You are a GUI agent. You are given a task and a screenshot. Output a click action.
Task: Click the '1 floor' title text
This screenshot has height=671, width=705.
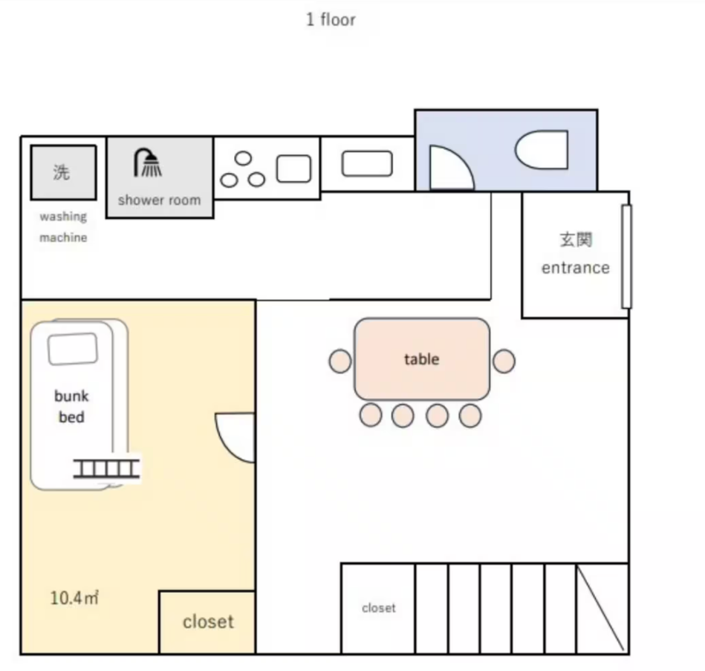(x=331, y=20)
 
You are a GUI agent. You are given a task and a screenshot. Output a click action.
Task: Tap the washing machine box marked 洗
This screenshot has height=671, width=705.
(x=63, y=172)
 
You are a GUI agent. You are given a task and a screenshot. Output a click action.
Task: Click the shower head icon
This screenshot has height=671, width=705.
(x=148, y=163)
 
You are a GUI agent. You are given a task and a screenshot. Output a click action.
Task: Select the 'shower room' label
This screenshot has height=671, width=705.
(x=159, y=200)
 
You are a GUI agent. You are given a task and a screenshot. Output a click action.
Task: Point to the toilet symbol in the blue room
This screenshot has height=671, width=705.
(x=542, y=149)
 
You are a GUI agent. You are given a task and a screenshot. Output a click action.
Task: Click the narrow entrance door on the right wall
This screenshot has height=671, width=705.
(x=626, y=257)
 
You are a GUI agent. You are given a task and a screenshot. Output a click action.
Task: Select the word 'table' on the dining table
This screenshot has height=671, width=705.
(x=421, y=359)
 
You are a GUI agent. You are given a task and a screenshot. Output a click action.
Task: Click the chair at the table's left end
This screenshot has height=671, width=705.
(x=340, y=361)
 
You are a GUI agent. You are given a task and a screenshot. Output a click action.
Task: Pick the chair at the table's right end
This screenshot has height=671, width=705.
(x=504, y=361)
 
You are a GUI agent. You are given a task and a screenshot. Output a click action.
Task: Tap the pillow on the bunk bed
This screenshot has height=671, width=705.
(x=72, y=349)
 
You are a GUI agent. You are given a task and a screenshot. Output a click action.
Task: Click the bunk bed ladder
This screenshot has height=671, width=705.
(x=106, y=468)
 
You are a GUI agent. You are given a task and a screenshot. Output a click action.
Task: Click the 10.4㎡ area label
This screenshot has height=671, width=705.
(x=74, y=598)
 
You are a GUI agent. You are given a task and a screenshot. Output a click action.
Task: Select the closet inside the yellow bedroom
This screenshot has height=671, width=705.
(x=207, y=622)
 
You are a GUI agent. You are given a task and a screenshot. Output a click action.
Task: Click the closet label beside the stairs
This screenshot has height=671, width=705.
(x=379, y=608)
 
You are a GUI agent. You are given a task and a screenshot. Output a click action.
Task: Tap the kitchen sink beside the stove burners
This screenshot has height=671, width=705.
(x=293, y=169)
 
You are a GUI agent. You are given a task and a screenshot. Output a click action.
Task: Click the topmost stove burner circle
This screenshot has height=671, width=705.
(x=243, y=158)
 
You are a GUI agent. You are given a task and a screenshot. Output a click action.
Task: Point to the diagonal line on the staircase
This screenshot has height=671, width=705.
(x=600, y=608)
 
